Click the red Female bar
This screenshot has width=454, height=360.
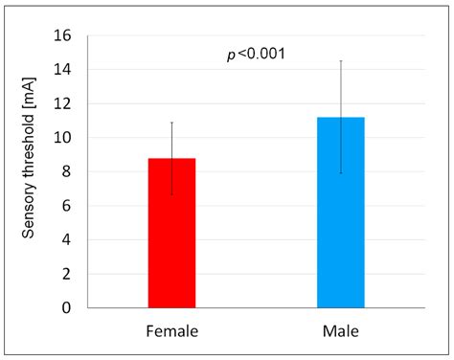click(171, 233)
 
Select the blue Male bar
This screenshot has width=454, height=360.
click(340, 213)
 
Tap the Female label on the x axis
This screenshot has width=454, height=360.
click(172, 331)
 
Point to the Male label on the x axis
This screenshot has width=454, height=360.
click(340, 331)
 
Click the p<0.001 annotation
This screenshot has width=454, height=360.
click(256, 54)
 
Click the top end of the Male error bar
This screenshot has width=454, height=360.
click(340, 61)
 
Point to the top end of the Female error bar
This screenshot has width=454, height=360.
click(172, 123)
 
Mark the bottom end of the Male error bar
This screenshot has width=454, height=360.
click(340, 173)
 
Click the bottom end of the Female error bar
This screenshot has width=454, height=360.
click(172, 195)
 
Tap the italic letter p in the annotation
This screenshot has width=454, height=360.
click(231, 55)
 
